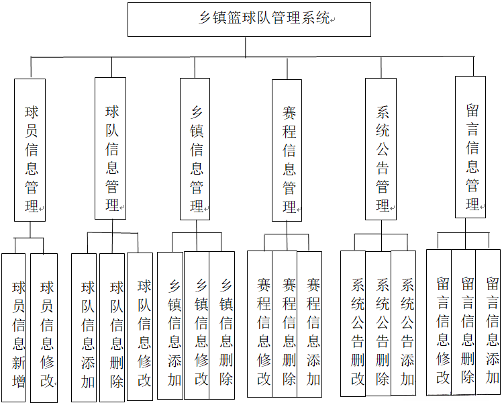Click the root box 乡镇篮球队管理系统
[249, 19]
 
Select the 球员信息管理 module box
[30, 150]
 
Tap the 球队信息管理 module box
[110, 148]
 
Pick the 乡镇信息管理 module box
[195, 150]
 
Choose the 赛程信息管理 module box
[287, 150]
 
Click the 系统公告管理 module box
[381, 149]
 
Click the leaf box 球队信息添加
[84, 327]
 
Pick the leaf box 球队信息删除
[112, 327]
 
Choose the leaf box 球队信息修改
[140, 326]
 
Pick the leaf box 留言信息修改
[439, 322]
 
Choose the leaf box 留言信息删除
[464, 322]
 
